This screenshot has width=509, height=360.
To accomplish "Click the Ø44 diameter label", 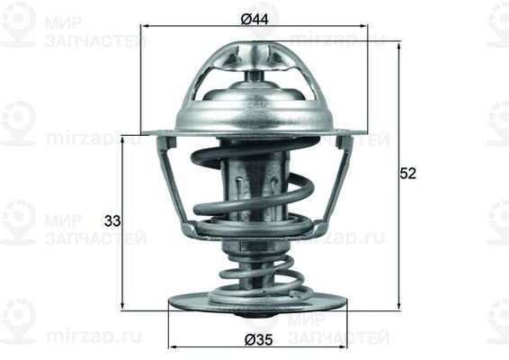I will click(254, 17).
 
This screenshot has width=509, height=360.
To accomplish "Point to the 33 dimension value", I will click(112, 220).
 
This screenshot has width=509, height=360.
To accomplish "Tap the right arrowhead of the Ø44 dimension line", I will click(365, 27).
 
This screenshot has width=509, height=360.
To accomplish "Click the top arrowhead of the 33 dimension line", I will click(123, 139).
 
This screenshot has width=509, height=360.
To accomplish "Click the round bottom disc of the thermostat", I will click(257, 302).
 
